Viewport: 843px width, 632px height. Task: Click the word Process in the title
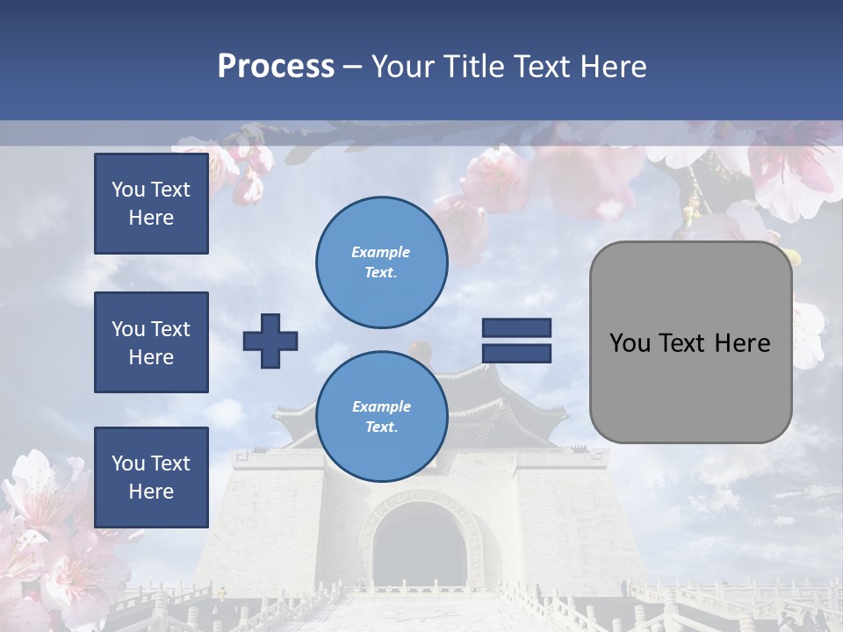click(x=276, y=67)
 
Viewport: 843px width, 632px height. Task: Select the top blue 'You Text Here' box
click(x=151, y=204)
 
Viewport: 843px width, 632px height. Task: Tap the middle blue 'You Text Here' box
click(x=151, y=342)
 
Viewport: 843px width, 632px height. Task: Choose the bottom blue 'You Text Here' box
click(x=151, y=478)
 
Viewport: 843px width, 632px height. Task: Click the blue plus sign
click(x=270, y=341)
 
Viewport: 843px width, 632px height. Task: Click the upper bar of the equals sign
click(x=516, y=327)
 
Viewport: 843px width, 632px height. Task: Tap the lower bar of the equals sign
click(x=516, y=353)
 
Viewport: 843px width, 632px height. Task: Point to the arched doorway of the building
click(x=419, y=549)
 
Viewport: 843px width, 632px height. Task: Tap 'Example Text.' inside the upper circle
click(x=381, y=262)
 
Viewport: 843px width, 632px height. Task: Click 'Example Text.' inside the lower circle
click(x=381, y=416)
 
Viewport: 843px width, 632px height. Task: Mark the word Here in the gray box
click(x=742, y=343)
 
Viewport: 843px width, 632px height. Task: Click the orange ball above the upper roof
click(x=419, y=348)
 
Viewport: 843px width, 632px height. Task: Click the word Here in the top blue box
click(x=151, y=218)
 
